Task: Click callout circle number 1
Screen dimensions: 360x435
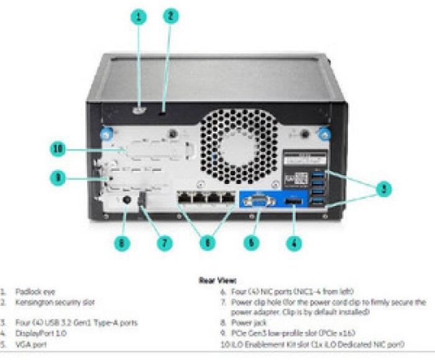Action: (139, 17)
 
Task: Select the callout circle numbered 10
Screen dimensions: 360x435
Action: (58, 149)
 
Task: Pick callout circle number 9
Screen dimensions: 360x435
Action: (58, 178)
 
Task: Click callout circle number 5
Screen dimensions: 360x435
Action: (251, 243)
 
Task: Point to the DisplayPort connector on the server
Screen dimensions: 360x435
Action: (292, 203)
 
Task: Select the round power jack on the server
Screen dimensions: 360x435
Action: (127, 200)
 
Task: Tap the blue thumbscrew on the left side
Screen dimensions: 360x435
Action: (106, 133)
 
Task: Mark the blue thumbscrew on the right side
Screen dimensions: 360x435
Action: (323, 133)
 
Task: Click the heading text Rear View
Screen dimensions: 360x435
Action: (217, 280)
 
